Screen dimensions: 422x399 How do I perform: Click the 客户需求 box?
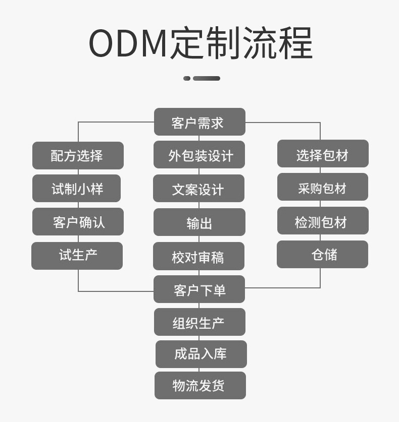point(199,122)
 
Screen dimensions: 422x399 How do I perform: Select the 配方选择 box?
point(78,155)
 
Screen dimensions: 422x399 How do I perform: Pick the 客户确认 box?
point(78,222)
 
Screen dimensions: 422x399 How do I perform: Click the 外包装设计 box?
point(199,155)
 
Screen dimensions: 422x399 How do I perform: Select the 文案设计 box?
point(198,189)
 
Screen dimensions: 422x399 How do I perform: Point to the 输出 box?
point(199,222)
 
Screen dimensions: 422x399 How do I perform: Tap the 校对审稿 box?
point(198,256)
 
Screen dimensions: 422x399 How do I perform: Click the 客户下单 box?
point(199,289)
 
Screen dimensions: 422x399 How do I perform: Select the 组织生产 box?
point(199,322)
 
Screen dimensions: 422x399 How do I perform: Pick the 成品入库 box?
point(201,354)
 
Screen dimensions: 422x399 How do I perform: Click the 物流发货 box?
point(200,386)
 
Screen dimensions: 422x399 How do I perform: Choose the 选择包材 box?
point(323,154)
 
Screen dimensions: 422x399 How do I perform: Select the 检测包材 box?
point(323,221)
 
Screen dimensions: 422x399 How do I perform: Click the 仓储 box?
point(322,254)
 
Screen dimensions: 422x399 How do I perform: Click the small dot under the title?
point(187,78)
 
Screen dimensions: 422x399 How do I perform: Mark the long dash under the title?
point(207,78)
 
